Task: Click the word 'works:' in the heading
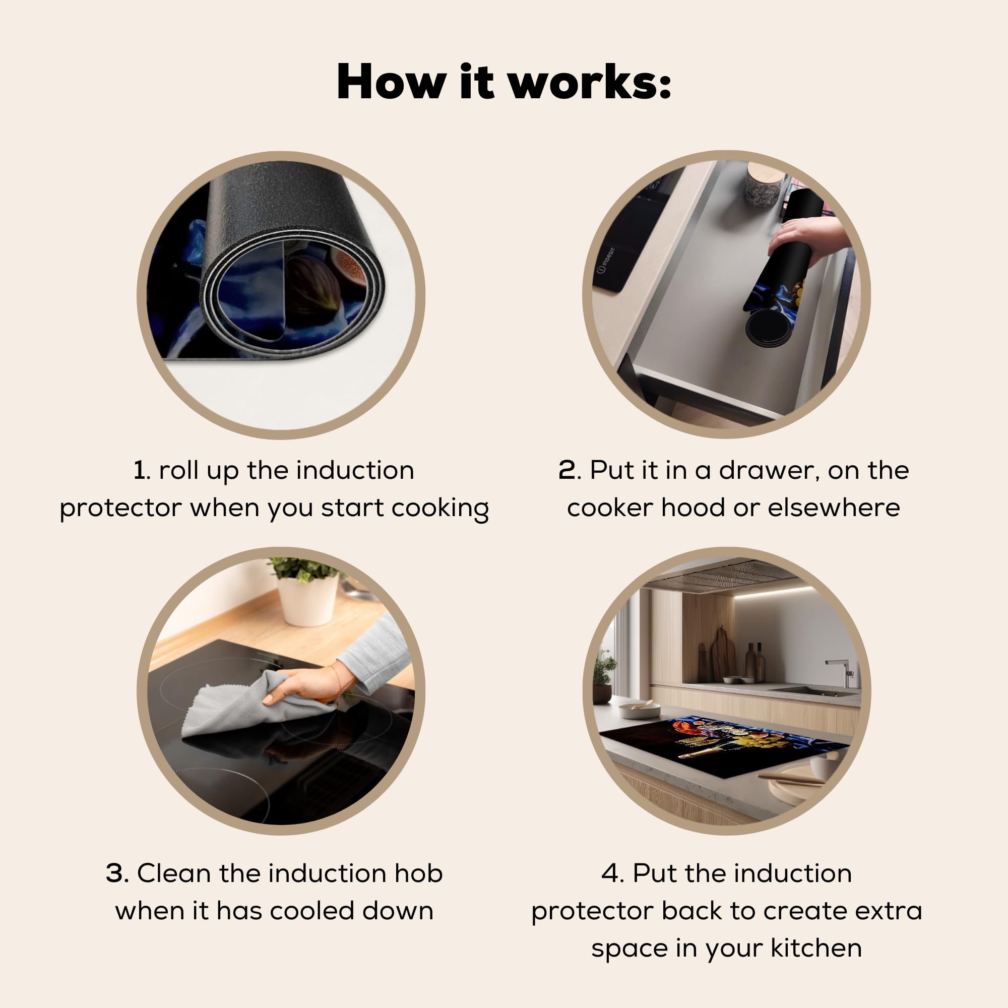pos(590,82)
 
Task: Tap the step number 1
pos(139,470)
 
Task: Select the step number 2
pos(566,470)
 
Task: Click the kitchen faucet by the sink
pos(840,672)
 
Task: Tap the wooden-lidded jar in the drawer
pos(764,183)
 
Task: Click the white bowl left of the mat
pos(640,710)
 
